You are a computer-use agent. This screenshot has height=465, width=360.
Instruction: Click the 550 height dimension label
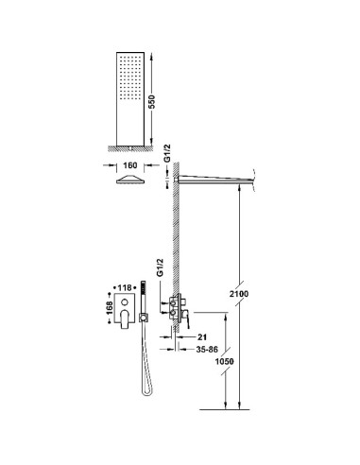point(152,102)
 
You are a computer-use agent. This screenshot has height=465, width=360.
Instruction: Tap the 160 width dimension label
point(130,165)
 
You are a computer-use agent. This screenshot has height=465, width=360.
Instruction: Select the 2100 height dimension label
point(239,294)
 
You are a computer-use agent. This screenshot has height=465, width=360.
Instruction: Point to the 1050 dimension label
point(225,361)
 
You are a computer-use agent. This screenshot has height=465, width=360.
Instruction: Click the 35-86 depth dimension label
point(207,350)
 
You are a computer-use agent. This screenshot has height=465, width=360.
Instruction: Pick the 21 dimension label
point(202,337)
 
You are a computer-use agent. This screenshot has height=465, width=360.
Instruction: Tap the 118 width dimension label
point(125,287)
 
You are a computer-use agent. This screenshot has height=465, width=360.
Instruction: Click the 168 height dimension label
point(110,307)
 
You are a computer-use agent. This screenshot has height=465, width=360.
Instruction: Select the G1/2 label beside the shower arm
point(167,153)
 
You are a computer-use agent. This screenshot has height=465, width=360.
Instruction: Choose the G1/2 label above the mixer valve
point(161,267)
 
